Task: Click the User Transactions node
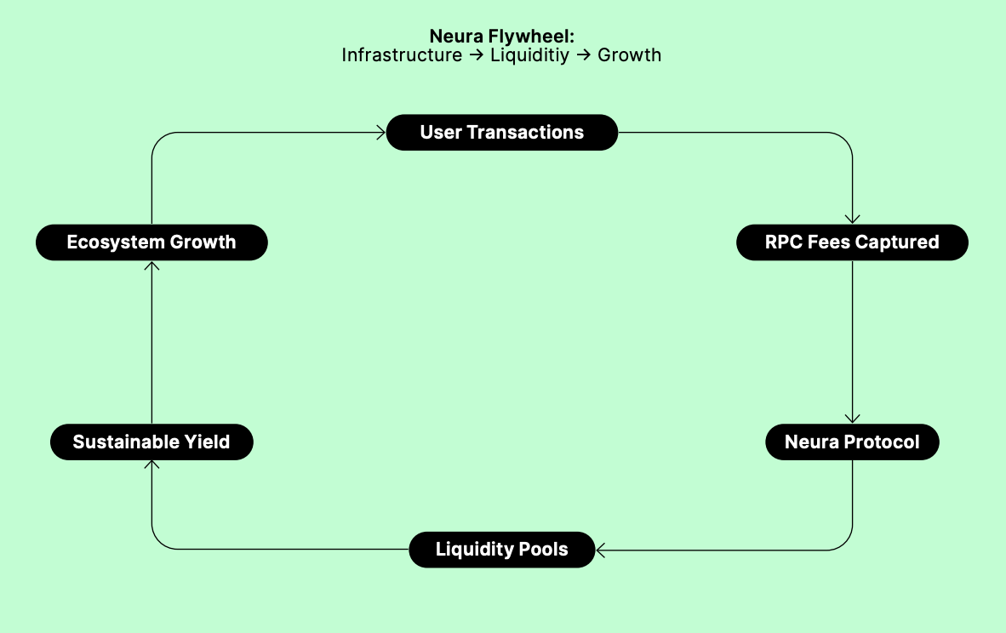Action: point(501,133)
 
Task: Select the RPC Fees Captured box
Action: point(852,242)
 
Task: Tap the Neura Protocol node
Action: point(852,442)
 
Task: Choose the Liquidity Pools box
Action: point(501,550)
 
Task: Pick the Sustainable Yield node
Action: point(151,442)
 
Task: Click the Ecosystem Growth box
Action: point(151,242)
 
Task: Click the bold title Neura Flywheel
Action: point(501,36)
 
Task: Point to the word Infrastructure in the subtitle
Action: point(402,55)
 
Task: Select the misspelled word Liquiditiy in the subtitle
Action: point(529,56)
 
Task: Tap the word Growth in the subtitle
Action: point(630,55)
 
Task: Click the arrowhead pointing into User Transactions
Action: point(381,133)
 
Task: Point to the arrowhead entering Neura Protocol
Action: point(852,419)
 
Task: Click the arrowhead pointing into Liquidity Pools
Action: point(600,550)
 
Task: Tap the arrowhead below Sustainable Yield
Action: point(151,465)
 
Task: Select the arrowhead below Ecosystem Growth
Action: point(151,265)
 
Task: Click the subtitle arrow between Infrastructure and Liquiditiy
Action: point(476,55)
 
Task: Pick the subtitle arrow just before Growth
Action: point(583,55)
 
